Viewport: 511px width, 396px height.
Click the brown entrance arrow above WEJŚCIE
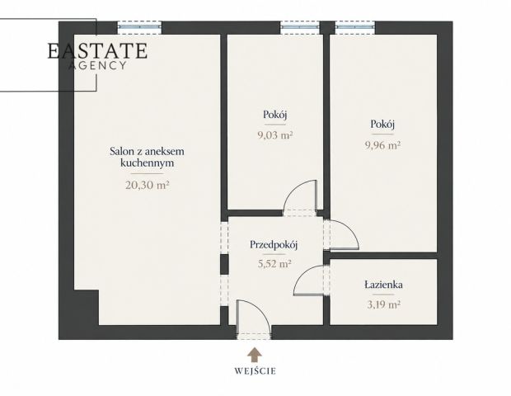255,355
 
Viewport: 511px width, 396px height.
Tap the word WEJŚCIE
255,371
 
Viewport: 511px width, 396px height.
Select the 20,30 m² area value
148,186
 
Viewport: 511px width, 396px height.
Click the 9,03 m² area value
274,134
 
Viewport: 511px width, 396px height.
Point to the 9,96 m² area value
382,145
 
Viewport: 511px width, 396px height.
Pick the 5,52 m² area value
274,263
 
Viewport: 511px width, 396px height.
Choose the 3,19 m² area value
383,304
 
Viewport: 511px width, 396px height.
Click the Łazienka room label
383,285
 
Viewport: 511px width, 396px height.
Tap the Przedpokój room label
274,245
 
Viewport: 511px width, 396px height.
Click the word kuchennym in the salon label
147,163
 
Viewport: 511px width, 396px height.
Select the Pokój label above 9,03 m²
275,115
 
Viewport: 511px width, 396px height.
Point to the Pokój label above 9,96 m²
382,124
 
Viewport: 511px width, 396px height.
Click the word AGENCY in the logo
97,65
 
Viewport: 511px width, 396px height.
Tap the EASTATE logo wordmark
98,50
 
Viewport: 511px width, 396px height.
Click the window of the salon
139,28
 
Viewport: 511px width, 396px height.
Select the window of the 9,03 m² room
300,28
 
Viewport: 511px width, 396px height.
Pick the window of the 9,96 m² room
355,28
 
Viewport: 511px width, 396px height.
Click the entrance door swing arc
260,310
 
